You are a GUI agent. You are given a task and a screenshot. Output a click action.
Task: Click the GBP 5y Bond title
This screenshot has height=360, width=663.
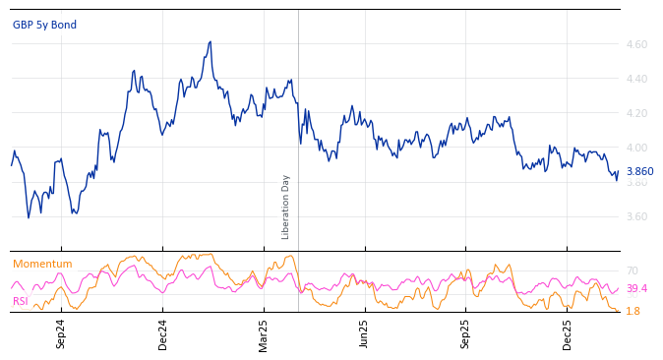[44, 25]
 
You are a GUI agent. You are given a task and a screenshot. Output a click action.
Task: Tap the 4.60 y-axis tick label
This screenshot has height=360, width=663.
[636, 44]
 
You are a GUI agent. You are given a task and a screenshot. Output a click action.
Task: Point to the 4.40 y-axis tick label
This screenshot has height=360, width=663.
[636, 79]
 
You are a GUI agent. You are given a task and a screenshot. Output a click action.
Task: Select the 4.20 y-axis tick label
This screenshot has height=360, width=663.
[636, 113]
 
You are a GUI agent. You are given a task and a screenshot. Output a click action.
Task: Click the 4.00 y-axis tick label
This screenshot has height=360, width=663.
[636, 148]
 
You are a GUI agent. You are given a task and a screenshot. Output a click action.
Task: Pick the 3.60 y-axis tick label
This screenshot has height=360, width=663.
[636, 216]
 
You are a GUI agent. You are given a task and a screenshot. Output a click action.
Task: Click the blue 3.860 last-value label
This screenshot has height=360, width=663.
[639, 171]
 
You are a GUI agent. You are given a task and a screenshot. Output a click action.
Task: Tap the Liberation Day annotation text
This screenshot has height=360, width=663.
[286, 207]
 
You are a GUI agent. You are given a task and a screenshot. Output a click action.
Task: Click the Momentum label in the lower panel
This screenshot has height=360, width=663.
[42, 264]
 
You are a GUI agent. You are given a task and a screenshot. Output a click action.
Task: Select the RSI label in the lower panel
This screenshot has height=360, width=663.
[21, 301]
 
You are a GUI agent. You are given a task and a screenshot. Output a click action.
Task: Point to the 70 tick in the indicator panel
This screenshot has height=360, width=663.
[632, 270]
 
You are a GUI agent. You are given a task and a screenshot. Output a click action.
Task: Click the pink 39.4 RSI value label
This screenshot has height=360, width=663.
[636, 288]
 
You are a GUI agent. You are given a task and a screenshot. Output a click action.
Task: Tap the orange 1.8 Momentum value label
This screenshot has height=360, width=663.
[633, 311]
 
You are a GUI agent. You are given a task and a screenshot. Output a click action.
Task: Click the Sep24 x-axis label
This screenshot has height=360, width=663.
[61, 334]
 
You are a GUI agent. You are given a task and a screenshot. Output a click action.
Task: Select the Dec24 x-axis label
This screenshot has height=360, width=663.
[163, 334]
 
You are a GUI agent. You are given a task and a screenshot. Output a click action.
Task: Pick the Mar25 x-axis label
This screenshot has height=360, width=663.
[264, 334]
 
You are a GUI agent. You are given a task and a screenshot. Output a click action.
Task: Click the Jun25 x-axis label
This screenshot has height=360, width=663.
[364, 334]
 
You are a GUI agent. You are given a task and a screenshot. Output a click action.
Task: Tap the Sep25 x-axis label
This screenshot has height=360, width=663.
[465, 334]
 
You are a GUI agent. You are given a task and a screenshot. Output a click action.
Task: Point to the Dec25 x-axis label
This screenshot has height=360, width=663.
[567, 334]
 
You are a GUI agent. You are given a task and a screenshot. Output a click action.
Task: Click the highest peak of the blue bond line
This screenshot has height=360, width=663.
[211, 42]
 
